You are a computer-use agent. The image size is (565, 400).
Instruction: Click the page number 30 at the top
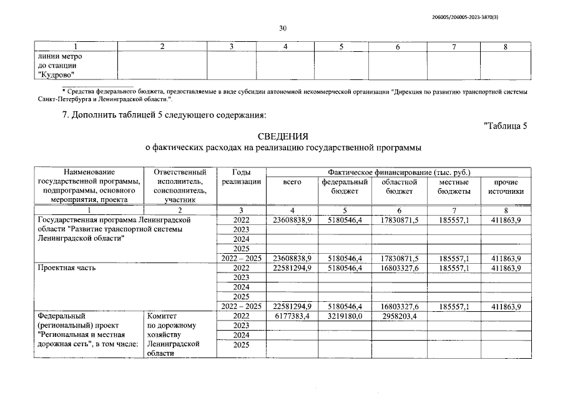282,28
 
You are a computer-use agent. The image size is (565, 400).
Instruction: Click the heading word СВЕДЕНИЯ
282,136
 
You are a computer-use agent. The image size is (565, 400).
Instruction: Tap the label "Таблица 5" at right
506,126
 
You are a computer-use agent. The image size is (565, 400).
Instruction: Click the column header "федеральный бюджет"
345,186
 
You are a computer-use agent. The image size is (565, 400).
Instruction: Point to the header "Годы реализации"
241,177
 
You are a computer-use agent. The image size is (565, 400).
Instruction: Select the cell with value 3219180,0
345,316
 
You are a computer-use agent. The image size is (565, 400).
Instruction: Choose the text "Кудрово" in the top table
57,75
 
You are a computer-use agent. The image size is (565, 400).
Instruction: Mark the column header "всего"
292,182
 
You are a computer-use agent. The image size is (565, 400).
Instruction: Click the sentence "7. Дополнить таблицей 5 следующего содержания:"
169,114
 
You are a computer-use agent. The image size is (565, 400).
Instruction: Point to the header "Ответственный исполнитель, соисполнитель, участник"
180,186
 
